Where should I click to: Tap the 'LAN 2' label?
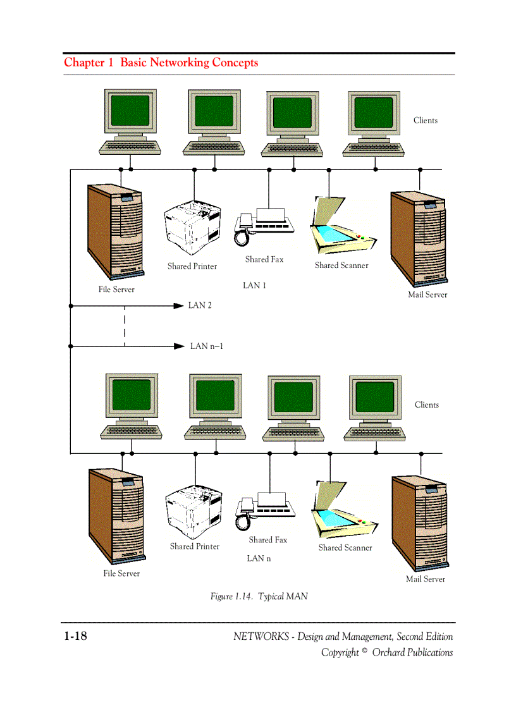[200, 305]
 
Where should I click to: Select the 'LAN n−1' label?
[207, 346]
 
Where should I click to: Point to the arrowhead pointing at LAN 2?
[178, 305]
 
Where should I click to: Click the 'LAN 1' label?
[254, 286]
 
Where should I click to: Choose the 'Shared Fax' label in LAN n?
[267, 540]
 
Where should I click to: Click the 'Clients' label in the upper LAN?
[425, 120]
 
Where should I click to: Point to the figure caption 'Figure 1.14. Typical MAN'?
[259, 596]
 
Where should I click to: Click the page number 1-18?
[75, 636]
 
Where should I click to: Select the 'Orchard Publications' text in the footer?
[412, 652]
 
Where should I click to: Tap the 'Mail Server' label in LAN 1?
[427, 295]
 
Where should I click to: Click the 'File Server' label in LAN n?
[121, 573]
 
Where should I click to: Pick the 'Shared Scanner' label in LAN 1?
[341, 266]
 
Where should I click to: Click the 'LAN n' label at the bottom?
[259, 558]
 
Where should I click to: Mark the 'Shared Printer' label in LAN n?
[194, 546]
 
